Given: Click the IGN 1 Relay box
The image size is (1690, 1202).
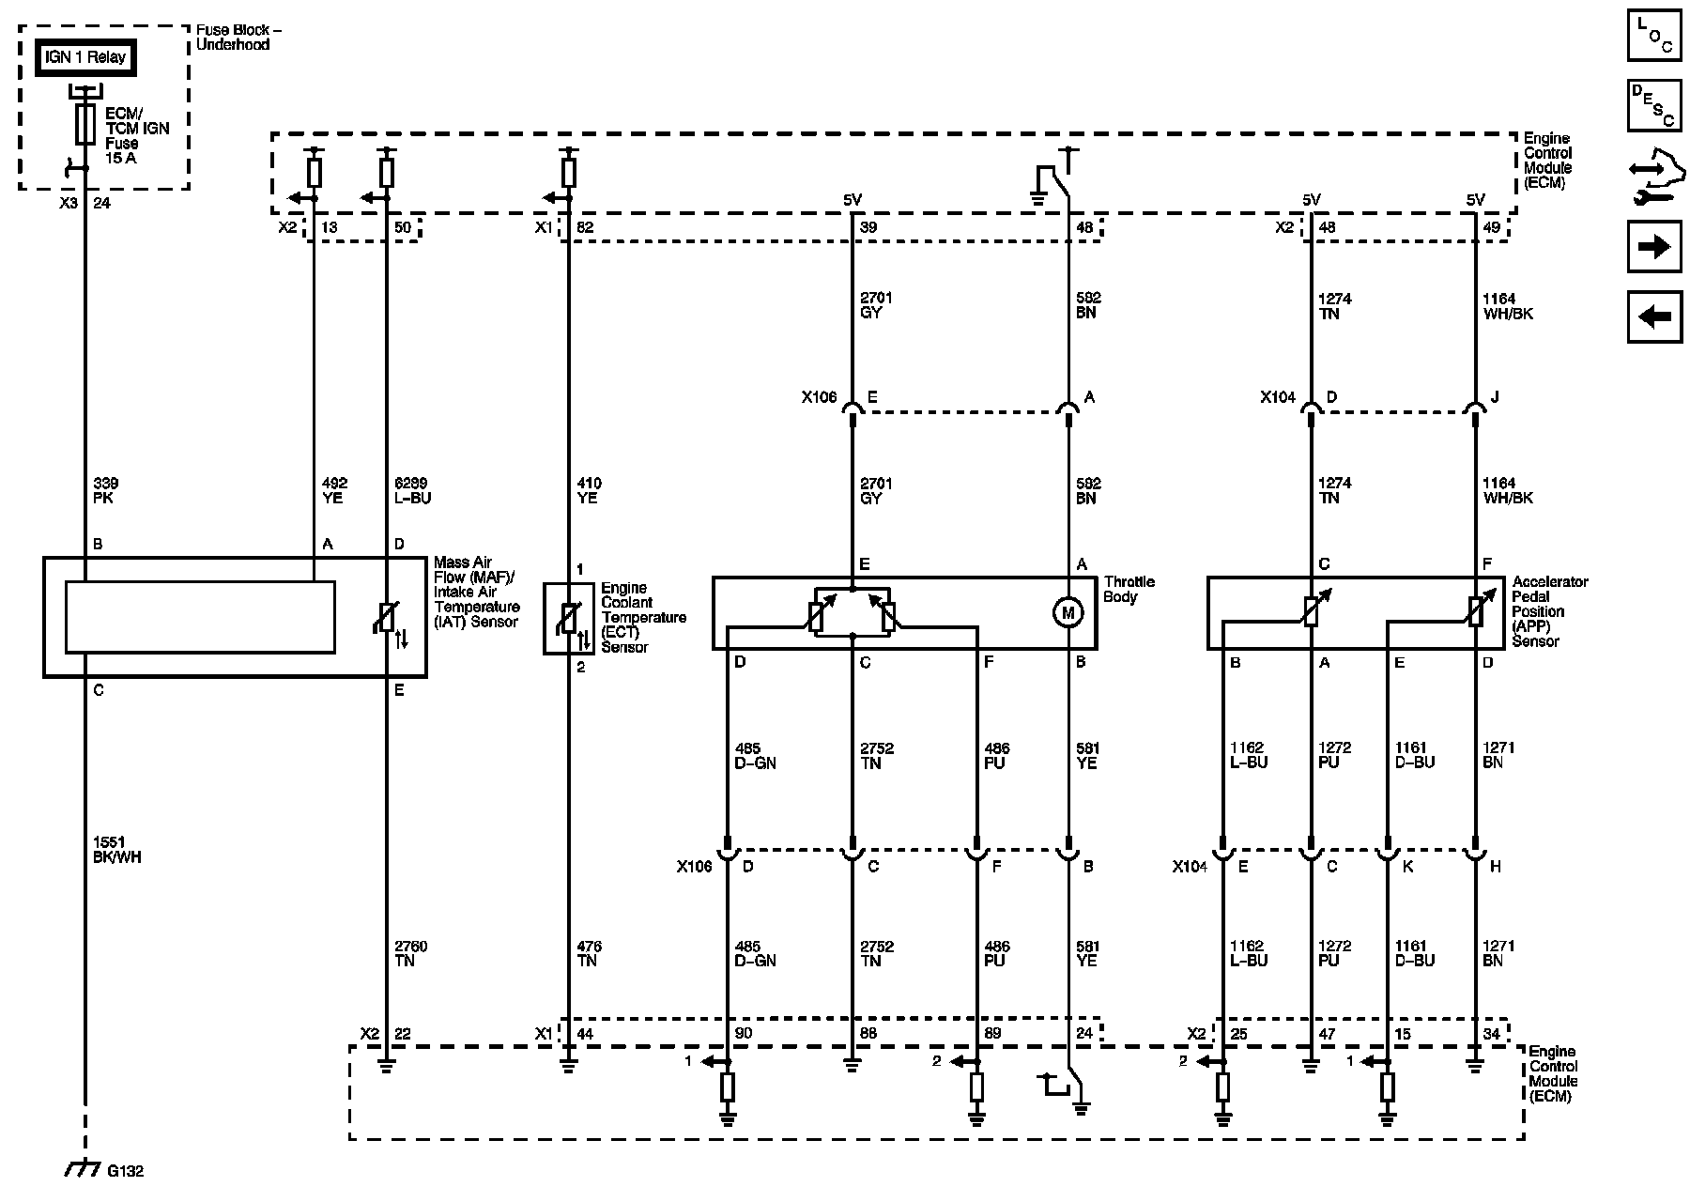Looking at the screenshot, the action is click(x=85, y=57).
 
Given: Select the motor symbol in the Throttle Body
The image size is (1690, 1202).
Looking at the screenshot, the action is click(x=1068, y=613).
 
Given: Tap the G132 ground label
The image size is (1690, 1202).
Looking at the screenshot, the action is click(x=125, y=1171).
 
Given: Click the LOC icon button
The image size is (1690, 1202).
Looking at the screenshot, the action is click(x=1654, y=36).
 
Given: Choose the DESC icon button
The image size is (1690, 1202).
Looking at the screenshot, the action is click(x=1654, y=104).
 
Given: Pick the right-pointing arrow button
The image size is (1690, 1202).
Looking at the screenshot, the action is click(x=1654, y=247).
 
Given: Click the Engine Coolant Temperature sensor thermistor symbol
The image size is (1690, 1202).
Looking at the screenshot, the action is click(x=568, y=618).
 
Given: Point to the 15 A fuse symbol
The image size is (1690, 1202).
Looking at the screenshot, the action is click(x=85, y=123).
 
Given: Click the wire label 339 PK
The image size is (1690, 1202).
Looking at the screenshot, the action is click(x=104, y=491).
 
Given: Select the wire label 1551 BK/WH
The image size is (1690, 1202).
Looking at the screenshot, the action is click(x=117, y=850).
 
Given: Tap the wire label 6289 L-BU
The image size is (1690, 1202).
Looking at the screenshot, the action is click(x=413, y=491).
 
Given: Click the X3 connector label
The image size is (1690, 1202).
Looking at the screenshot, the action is click(x=68, y=202).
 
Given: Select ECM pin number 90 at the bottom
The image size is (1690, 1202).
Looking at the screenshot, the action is click(x=744, y=1033).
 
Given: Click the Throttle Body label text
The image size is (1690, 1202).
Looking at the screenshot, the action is click(x=1129, y=589).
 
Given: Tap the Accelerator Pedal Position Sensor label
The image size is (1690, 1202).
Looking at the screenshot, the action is click(x=1549, y=611).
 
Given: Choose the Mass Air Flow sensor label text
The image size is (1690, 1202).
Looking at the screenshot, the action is click(x=475, y=593).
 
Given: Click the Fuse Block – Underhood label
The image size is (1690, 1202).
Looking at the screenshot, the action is click(x=238, y=37).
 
